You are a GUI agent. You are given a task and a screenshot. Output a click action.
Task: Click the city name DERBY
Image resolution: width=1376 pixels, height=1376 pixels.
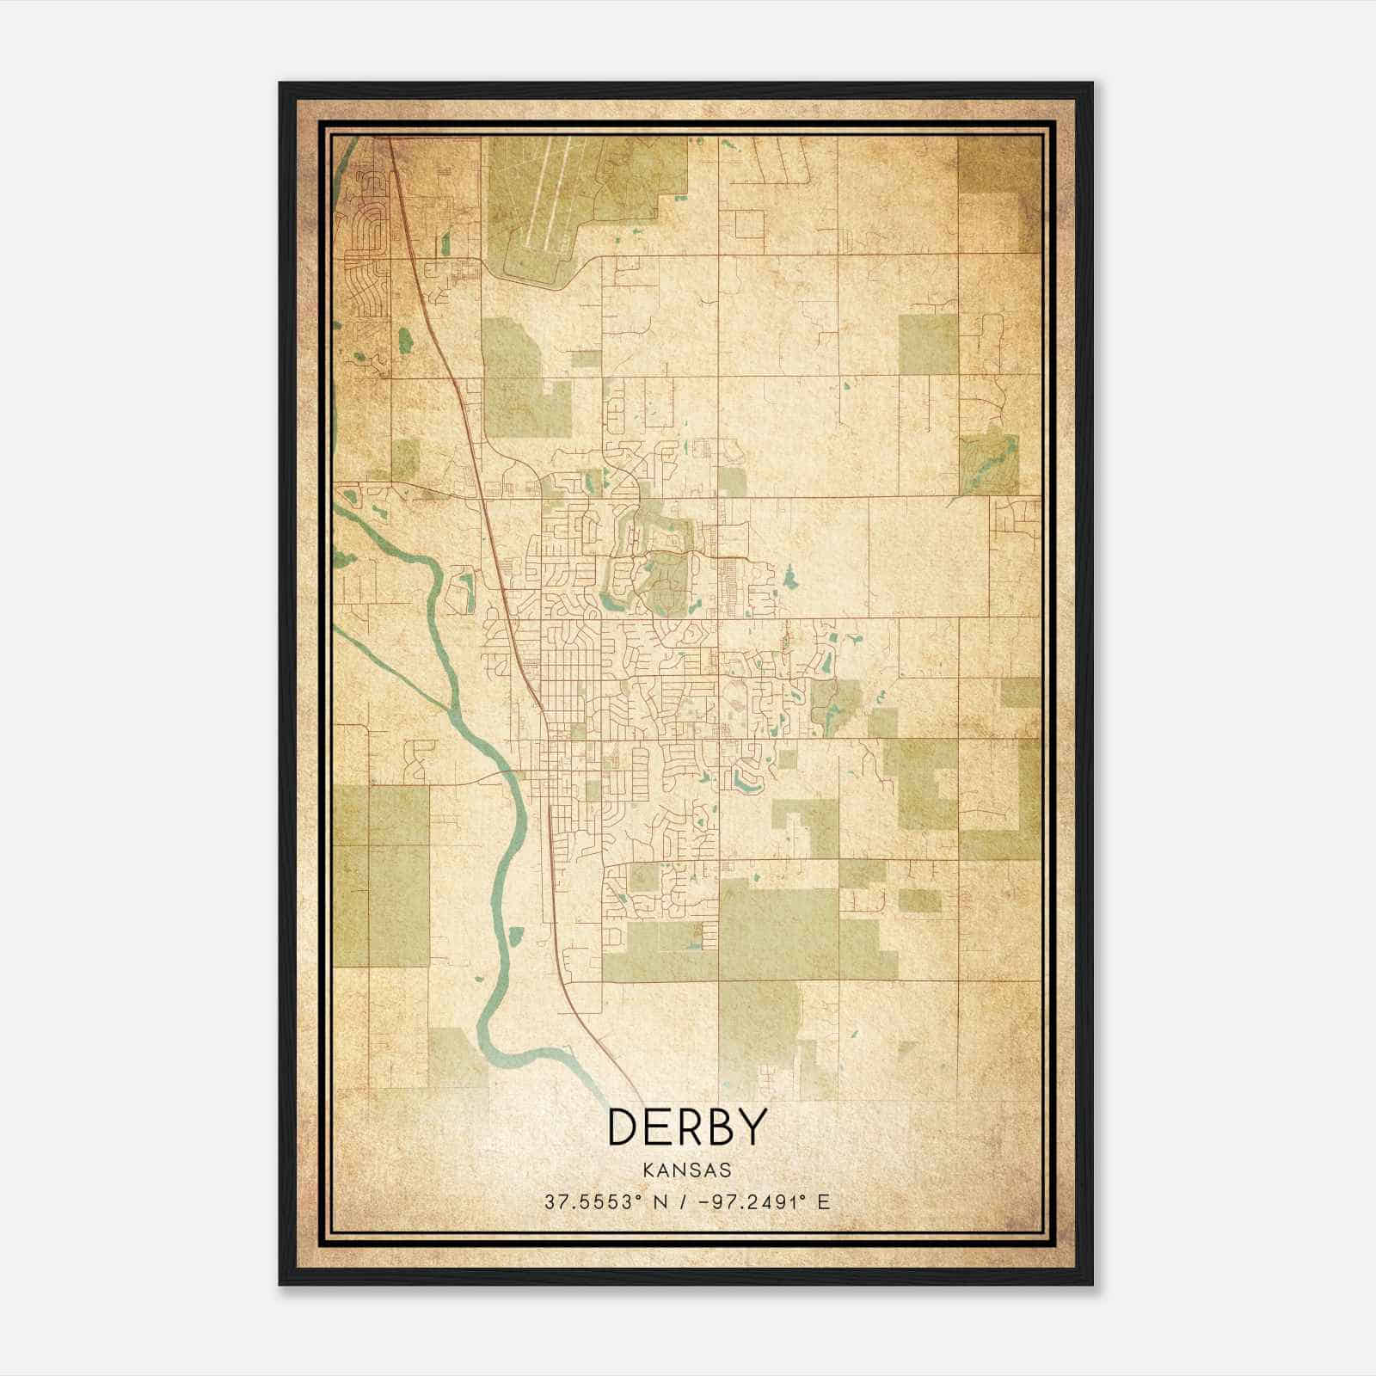686,1127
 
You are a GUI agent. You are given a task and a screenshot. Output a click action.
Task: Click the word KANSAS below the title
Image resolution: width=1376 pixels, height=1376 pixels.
686,1170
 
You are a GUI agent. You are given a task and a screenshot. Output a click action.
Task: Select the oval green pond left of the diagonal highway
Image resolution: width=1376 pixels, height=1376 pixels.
404,341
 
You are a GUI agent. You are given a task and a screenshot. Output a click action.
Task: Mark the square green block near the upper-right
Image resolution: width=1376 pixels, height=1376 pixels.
928,344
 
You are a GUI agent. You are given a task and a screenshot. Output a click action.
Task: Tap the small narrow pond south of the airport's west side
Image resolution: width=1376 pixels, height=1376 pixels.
445,243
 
